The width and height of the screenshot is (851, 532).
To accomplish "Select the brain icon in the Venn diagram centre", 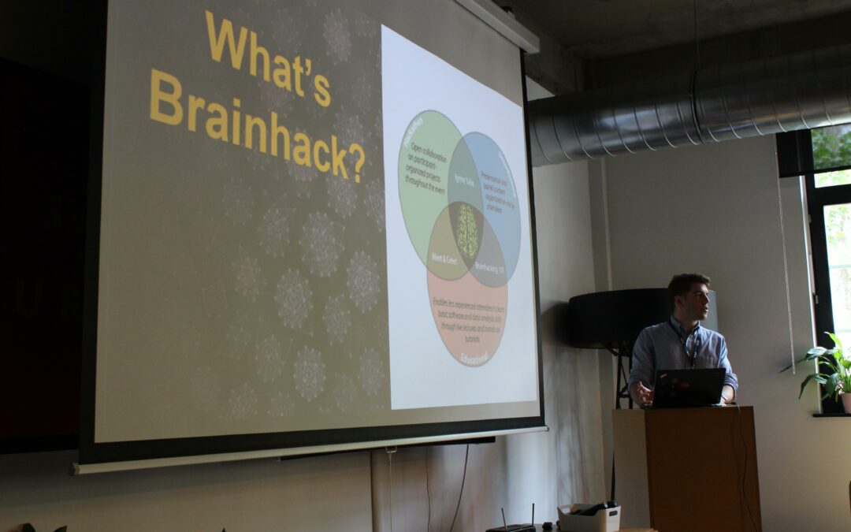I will tap(468, 230).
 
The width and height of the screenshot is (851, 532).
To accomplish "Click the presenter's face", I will tap(691, 300).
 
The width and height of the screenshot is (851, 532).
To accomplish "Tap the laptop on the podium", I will tap(688, 387).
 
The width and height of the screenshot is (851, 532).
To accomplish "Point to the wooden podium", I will tap(686, 468).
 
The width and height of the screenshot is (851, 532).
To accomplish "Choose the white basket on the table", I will tap(588, 517).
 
